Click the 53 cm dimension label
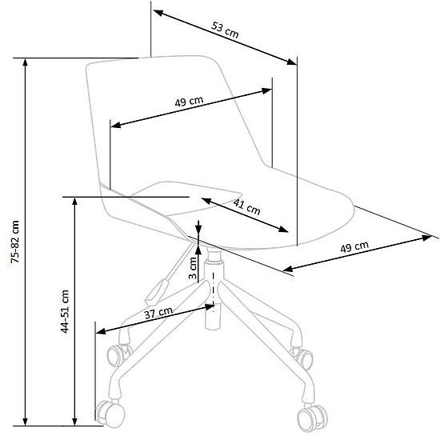point(225,30)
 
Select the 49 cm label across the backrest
point(189,102)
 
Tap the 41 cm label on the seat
point(246,206)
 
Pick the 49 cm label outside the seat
point(354,246)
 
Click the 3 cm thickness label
point(193,268)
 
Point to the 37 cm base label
point(158,313)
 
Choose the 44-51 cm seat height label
point(65,311)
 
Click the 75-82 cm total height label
point(15,242)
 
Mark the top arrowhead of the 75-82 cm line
point(26,63)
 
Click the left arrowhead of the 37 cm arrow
point(101,331)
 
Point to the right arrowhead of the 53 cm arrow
point(292,61)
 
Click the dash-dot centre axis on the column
point(214,292)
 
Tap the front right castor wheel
point(312,418)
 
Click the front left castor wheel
point(110,414)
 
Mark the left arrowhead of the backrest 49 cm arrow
point(115,125)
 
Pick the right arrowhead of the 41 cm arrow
point(283,229)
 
